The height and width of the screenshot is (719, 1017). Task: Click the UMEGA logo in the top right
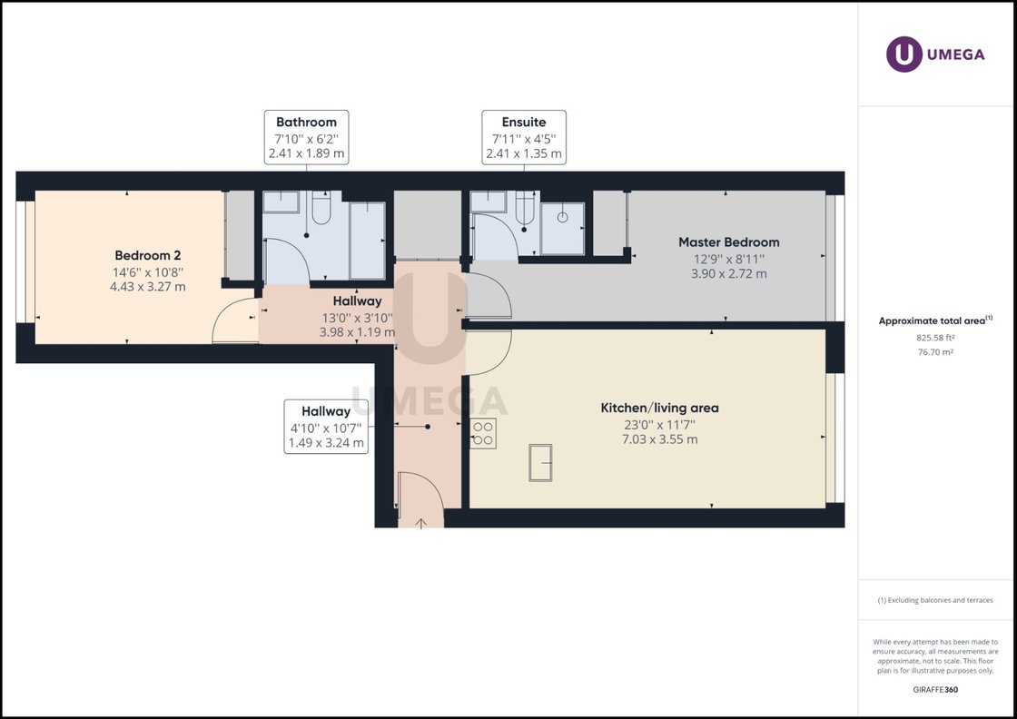pyautogui.click(x=935, y=54)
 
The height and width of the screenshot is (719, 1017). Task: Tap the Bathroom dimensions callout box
pyautogui.click(x=306, y=138)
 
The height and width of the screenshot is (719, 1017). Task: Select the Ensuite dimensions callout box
pyautogui.click(x=524, y=138)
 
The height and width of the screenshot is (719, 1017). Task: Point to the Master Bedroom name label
pyautogui.click(x=728, y=242)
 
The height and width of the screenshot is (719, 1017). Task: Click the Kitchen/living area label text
pyautogui.click(x=659, y=408)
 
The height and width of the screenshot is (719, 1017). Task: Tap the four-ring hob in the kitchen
pyautogui.click(x=483, y=433)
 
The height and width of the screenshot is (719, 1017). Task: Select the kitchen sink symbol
pyautogui.click(x=540, y=462)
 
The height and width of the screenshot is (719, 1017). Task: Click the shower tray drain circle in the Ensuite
pyautogui.click(x=562, y=217)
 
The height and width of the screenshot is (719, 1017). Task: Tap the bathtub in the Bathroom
pyautogui.click(x=367, y=240)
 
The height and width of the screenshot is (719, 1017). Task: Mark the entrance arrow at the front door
pyautogui.click(x=421, y=522)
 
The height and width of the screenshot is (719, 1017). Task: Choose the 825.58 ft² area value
pyautogui.click(x=935, y=338)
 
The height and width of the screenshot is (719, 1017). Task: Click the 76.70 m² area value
pyautogui.click(x=935, y=352)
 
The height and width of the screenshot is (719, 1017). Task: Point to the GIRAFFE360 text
pyautogui.click(x=935, y=690)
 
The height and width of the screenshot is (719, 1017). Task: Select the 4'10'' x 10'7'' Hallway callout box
pyautogui.click(x=326, y=427)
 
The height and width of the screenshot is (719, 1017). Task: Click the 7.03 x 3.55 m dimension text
pyautogui.click(x=659, y=439)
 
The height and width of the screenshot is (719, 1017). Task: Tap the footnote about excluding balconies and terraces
pyautogui.click(x=935, y=600)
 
